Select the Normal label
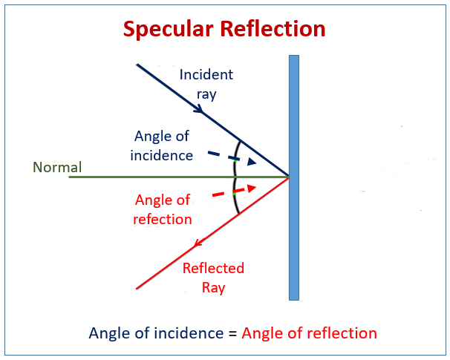[x=57, y=167]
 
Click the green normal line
[x=149, y=177]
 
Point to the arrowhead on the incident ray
[x=199, y=109]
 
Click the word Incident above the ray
[x=206, y=75]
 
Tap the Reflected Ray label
[x=213, y=278]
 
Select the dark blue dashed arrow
[x=232, y=158]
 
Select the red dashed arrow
[x=233, y=192]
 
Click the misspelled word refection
[x=163, y=219]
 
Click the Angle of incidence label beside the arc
[x=162, y=145]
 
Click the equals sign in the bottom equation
[x=232, y=333]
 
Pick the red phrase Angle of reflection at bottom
[x=309, y=333]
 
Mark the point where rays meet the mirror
[x=289, y=177]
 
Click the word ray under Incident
[x=206, y=94]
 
